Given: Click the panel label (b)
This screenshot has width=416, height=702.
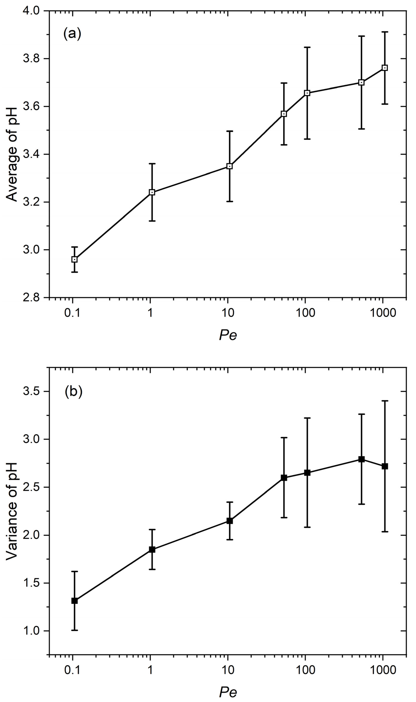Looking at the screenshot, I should point(74,392).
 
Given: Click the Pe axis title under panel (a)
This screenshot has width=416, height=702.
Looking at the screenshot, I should point(228,335).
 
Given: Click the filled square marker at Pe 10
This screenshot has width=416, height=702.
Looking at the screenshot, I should point(230,521).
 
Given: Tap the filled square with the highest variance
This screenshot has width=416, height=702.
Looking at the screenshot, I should point(362,459).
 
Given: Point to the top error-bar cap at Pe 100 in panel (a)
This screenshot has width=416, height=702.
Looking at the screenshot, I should point(307,47).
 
